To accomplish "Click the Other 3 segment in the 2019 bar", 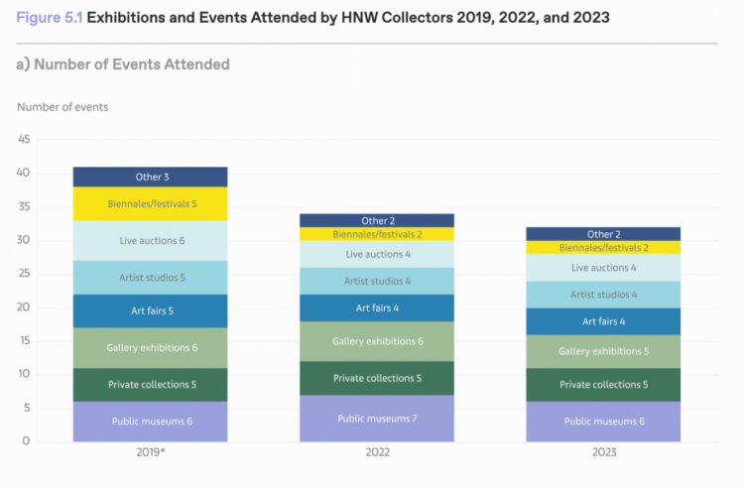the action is (x=150, y=177).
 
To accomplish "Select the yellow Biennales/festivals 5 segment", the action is (x=150, y=204).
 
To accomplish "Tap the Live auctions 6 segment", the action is (x=150, y=241).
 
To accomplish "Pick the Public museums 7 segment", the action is (x=377, y=419).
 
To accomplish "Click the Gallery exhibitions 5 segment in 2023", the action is (x=603, y=351).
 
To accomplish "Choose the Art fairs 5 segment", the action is (x=150, y=311).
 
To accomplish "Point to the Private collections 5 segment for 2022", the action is (x=377, y=379).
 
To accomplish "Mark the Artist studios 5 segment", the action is (x=150, y=278).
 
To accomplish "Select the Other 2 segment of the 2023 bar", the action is (x=603, y=234).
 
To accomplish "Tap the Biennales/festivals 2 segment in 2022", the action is (x=377, y=234).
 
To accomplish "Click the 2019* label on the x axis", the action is (x=151, y=452).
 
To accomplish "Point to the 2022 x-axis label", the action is (x=377, y=452).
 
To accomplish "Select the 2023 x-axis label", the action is (x=604, y=452).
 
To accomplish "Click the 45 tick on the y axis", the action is (x=24, y=139).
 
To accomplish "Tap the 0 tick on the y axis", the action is (x=26, y=440).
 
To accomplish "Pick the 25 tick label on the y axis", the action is (x=24, y=273).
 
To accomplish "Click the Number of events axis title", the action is (x=62, y=107).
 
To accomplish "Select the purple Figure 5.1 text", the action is (x=50, y=18).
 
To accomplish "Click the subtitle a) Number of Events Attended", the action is (x=123, y=64).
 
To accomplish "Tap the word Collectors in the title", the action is (x=416, y=18).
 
